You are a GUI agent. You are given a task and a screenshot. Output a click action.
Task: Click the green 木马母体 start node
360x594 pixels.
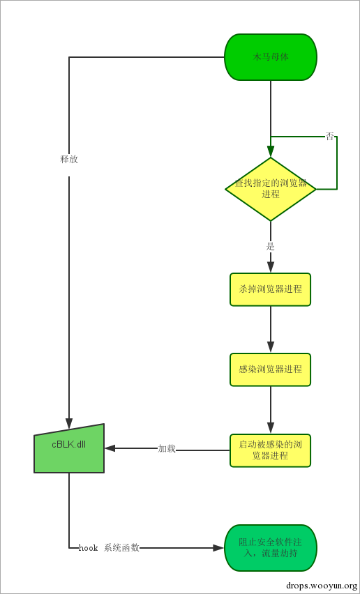click(271, 57)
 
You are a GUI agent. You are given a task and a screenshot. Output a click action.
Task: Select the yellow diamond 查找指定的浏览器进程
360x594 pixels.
click(271, 189)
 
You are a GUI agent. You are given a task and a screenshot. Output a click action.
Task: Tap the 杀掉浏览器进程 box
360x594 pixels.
click(271, 289)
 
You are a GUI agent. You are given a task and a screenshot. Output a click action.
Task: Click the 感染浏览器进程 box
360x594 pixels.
click(271, 370)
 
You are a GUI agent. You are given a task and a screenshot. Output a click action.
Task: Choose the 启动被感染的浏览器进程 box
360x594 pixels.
click(271, 450)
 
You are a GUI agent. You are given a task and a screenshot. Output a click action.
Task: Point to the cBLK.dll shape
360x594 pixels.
click(69, 449)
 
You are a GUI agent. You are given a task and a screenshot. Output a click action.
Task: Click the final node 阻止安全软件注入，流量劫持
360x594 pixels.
click(271, 548)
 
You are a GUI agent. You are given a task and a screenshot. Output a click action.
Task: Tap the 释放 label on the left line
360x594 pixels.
click(69, 159)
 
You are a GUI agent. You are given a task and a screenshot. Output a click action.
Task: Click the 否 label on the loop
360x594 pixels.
click(330, 137)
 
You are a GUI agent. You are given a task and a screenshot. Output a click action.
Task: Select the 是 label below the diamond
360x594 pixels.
click(271, 246)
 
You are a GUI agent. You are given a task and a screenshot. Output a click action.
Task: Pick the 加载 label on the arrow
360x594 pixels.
click(167, 449)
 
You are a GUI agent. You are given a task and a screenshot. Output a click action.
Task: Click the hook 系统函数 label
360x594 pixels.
click(109, 548)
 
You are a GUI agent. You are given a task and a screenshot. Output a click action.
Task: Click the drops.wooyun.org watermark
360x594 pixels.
click(322, 586)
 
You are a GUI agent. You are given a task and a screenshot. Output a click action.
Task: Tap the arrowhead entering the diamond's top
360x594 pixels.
click(271, 152)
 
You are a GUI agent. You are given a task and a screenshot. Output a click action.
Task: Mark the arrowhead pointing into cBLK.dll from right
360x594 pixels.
click(110, 449)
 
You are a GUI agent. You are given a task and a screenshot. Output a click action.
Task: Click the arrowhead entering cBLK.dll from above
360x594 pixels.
click(69, 422)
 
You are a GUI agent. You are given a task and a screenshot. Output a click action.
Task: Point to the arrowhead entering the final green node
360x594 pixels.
click(218, 548)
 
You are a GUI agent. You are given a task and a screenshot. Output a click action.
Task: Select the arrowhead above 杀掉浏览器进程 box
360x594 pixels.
click(271, 267)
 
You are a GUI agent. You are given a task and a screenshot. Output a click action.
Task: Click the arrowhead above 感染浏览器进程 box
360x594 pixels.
click(271, 347)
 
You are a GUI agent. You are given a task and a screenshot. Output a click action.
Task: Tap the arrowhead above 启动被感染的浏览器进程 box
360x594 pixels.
click(271, 428)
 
